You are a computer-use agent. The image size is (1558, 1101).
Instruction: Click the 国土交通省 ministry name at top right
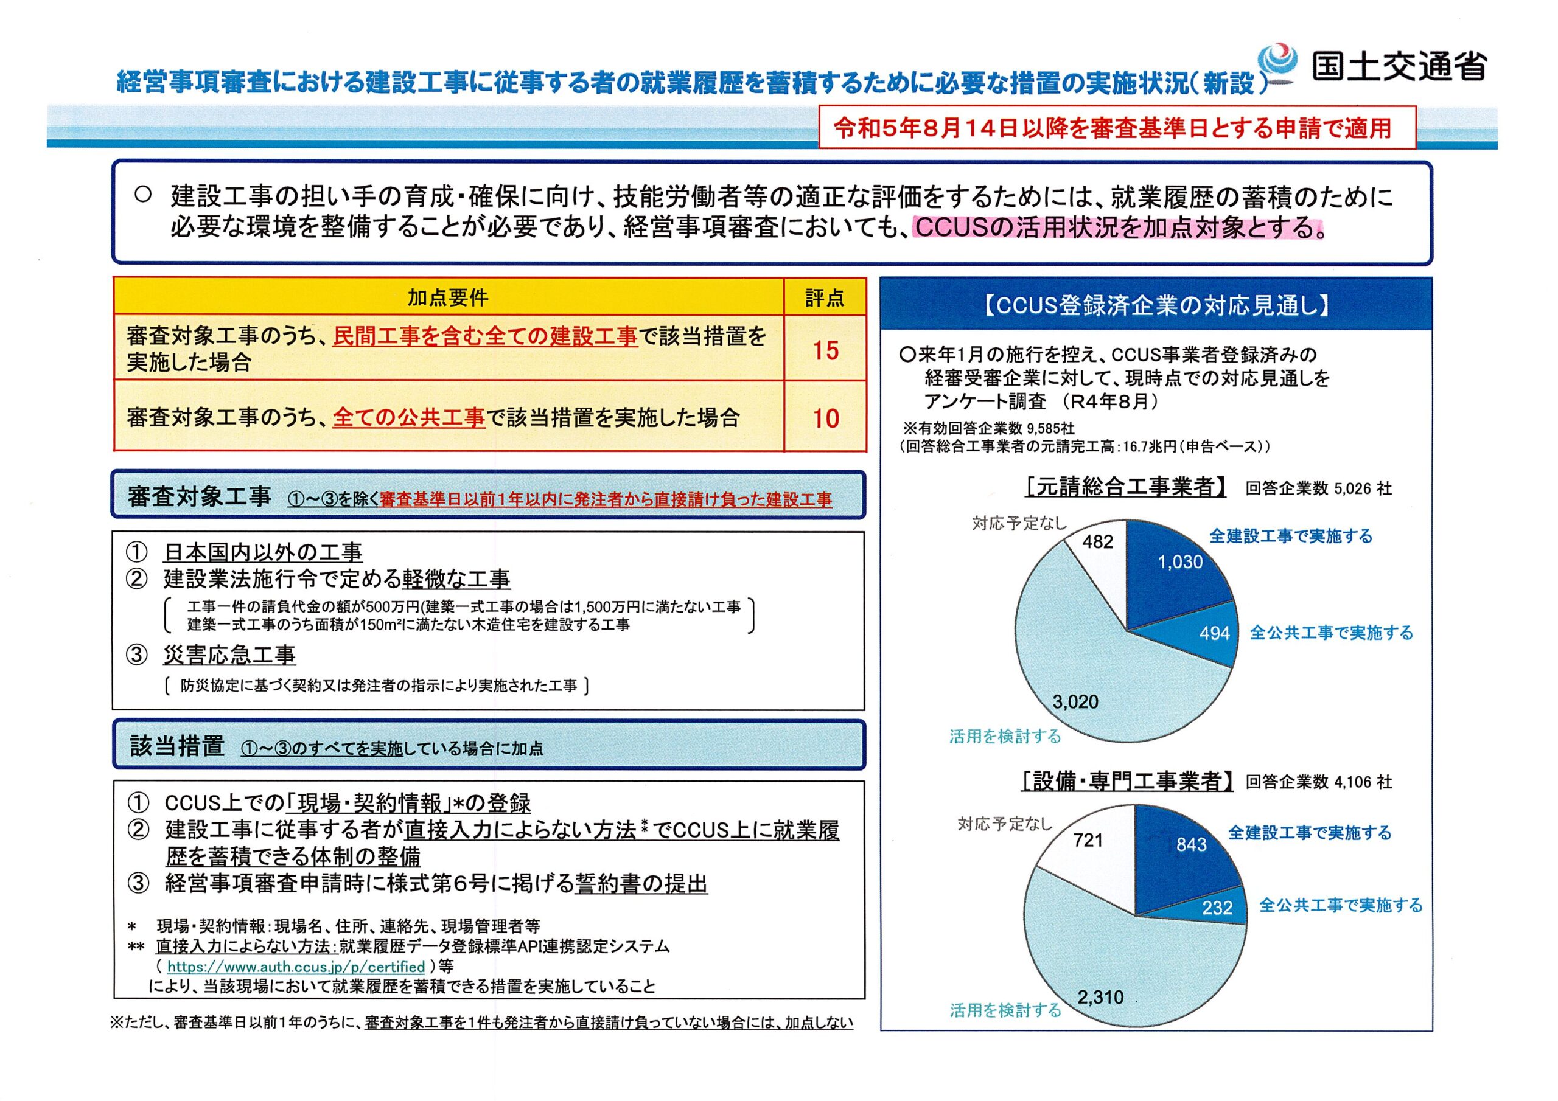pyautogui.click(x=1399, y=66)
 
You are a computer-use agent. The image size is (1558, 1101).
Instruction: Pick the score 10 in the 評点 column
pyautogui.click(x=825, y=418)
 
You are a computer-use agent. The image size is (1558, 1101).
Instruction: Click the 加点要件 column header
pyautogui.click(x=448, y=297)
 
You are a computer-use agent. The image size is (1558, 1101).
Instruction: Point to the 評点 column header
pyautogui.click(x=825, y=297)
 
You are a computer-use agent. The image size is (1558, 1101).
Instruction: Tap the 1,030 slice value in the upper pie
pyautogui.click(x=1180, y=561)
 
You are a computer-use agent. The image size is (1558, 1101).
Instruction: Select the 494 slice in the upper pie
pyautogui.click(x=1214, y=633)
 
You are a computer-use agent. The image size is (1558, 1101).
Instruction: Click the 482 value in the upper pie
pyautogui.click(x=1097, y=541)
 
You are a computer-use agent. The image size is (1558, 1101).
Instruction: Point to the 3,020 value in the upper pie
pyautogui.click(x=1075, y=701)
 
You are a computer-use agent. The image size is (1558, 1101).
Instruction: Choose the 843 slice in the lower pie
pyautogui.click(x=1191, y=844)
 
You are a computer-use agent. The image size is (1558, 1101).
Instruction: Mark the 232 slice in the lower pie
pyautogui.click(x=1217, y=908)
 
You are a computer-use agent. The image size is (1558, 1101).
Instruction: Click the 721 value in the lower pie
pyautogui.click(x=1088, y=840)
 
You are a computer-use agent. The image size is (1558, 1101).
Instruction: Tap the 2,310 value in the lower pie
pyautogui.click(x=1100, y=997)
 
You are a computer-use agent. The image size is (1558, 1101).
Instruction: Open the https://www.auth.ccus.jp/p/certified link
pyautogui.click(x=296, y=966)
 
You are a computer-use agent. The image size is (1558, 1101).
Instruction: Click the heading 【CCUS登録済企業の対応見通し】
pyautogui.click(x=1156, y=306)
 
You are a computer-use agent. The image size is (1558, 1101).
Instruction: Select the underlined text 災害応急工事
pyautogui.click(x=229, y=655)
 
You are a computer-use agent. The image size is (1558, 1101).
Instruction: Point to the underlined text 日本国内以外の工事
pyautogui.click(x=262, y=552)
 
